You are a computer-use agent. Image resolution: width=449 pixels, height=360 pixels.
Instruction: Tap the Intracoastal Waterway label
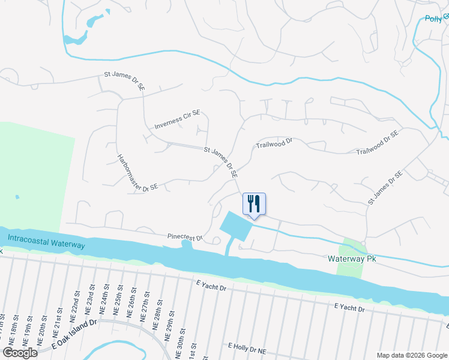46,242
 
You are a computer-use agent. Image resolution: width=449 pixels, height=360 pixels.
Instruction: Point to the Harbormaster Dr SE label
137,173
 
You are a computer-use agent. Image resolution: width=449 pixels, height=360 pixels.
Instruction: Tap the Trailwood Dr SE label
378,143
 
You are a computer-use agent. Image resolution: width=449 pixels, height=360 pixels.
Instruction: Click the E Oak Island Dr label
74,334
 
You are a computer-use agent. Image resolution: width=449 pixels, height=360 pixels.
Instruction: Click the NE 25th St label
118,306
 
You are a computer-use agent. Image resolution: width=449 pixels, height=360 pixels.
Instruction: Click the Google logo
20,352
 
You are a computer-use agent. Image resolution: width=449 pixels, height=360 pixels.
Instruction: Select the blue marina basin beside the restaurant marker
236,225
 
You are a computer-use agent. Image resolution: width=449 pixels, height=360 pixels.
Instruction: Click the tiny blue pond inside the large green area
17,197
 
